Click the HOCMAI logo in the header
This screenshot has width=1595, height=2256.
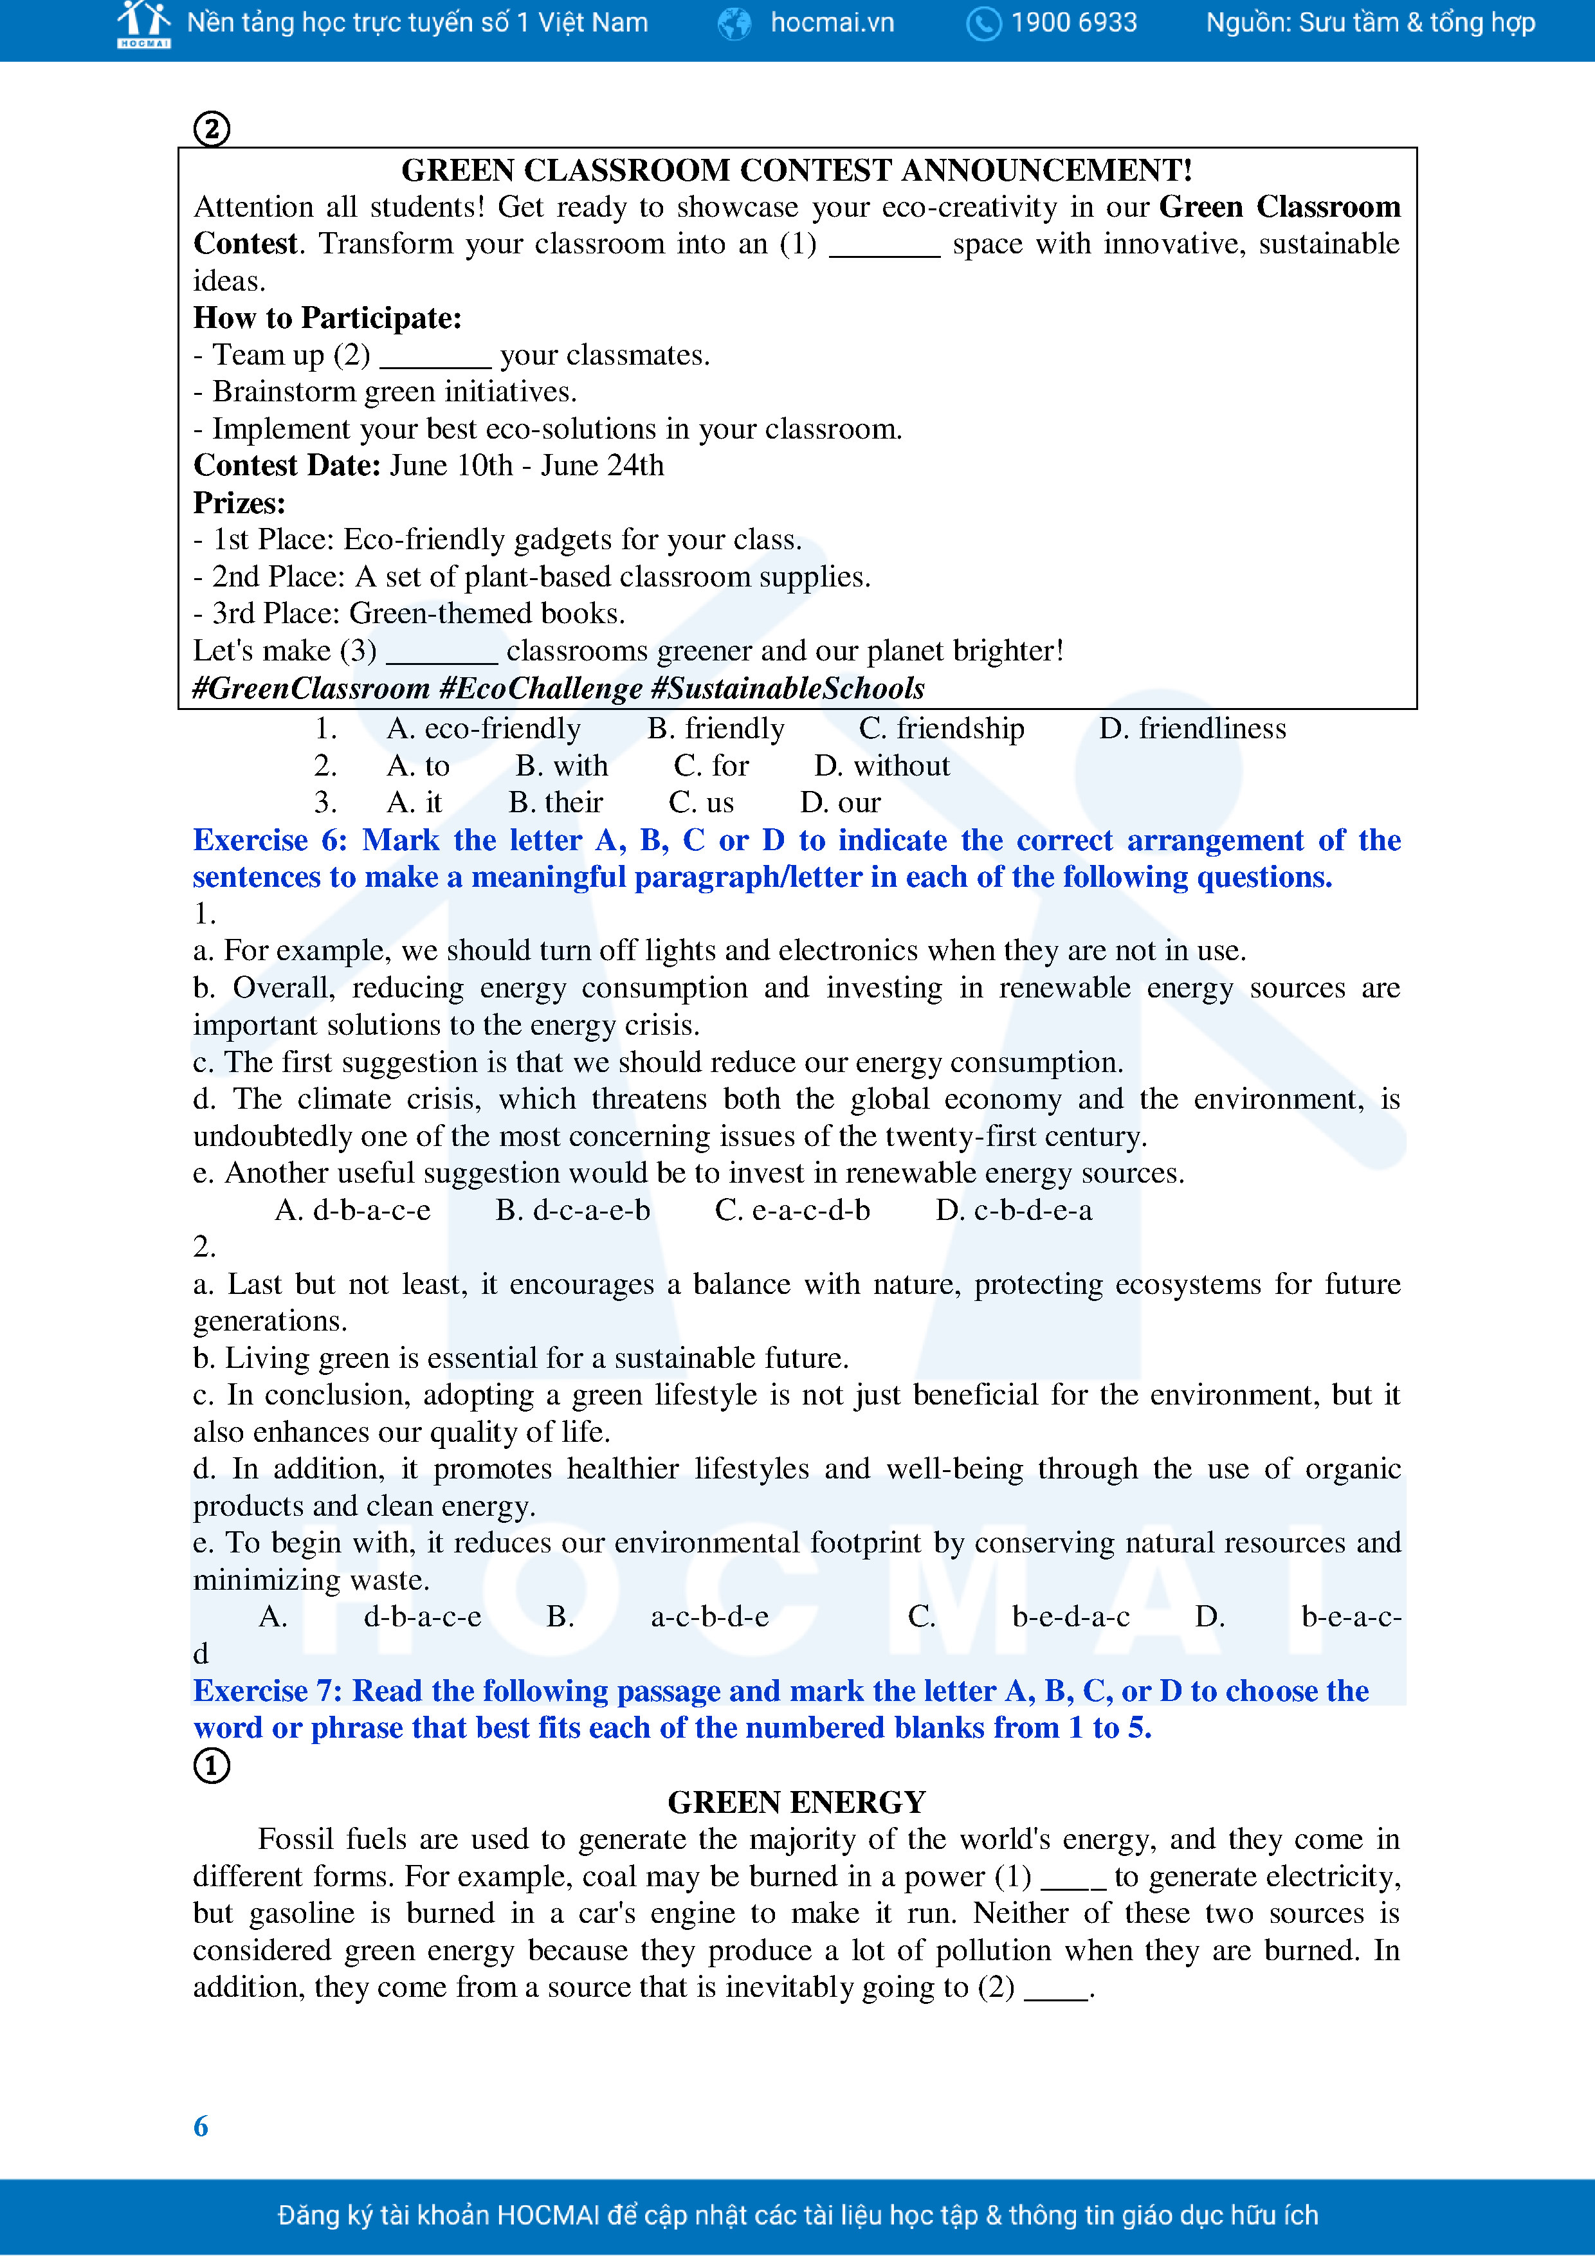[143, 24]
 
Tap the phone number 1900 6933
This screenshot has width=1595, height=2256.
[1073, 23]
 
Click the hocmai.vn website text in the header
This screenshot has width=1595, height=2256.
[832, 23]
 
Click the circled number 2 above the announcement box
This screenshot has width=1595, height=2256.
[212, 129]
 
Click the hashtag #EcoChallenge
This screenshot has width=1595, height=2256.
[540, 688]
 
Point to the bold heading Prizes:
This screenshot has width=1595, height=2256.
[239, 502]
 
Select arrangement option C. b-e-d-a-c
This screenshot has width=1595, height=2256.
[1019, 1616]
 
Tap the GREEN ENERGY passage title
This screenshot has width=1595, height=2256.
[796, 1802]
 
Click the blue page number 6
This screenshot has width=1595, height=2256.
[201, 2126]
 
